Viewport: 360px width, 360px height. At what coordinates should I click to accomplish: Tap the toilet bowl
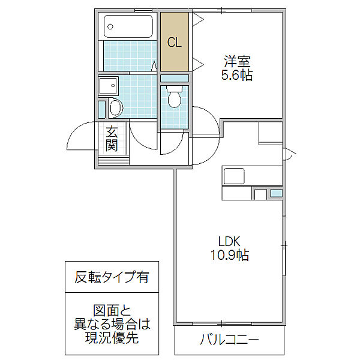(175, 97)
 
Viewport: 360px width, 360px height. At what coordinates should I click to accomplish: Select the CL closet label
(175, 43)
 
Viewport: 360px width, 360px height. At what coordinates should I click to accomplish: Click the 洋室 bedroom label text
(238, 62)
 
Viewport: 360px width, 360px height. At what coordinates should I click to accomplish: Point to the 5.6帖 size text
(238, 76)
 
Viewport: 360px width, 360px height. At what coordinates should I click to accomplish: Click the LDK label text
(229, 241)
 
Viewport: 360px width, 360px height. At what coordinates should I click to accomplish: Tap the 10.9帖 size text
(229, 256)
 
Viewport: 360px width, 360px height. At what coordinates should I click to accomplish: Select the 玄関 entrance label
(112, 139)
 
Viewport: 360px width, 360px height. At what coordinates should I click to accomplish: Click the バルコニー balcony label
(229, 341)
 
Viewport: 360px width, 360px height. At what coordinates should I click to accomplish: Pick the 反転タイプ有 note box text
(112, 277)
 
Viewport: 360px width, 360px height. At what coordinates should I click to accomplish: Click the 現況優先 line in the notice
(112, 338)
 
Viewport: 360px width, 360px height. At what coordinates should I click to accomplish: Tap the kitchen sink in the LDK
(234, 176)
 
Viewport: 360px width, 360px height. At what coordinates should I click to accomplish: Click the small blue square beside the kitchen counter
(276, 193)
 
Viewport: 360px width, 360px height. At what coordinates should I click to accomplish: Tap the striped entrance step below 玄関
(112, 159)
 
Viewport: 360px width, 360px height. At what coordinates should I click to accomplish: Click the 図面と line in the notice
(112, 311)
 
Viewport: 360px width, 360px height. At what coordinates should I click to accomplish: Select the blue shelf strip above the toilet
(175, 79)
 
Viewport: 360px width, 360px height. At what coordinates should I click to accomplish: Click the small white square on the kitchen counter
(260, 194)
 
